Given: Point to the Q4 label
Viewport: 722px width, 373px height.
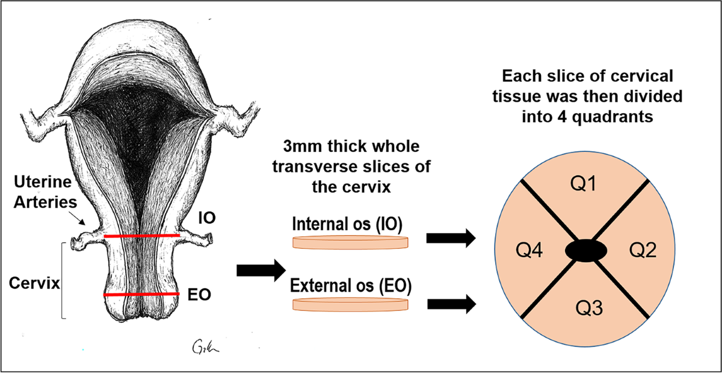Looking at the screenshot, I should coord(530,249).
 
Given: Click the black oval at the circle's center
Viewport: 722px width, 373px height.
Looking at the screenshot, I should coord(584,251).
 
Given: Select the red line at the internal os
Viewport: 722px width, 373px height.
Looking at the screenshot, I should coord(142,236).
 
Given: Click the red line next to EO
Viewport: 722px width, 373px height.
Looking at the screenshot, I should coord(141,295).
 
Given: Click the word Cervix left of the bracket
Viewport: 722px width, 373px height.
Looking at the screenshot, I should coord(34,283).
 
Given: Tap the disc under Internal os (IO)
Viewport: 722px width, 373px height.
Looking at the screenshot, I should coord(350,242).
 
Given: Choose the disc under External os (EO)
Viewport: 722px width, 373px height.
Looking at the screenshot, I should coord(350,304).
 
